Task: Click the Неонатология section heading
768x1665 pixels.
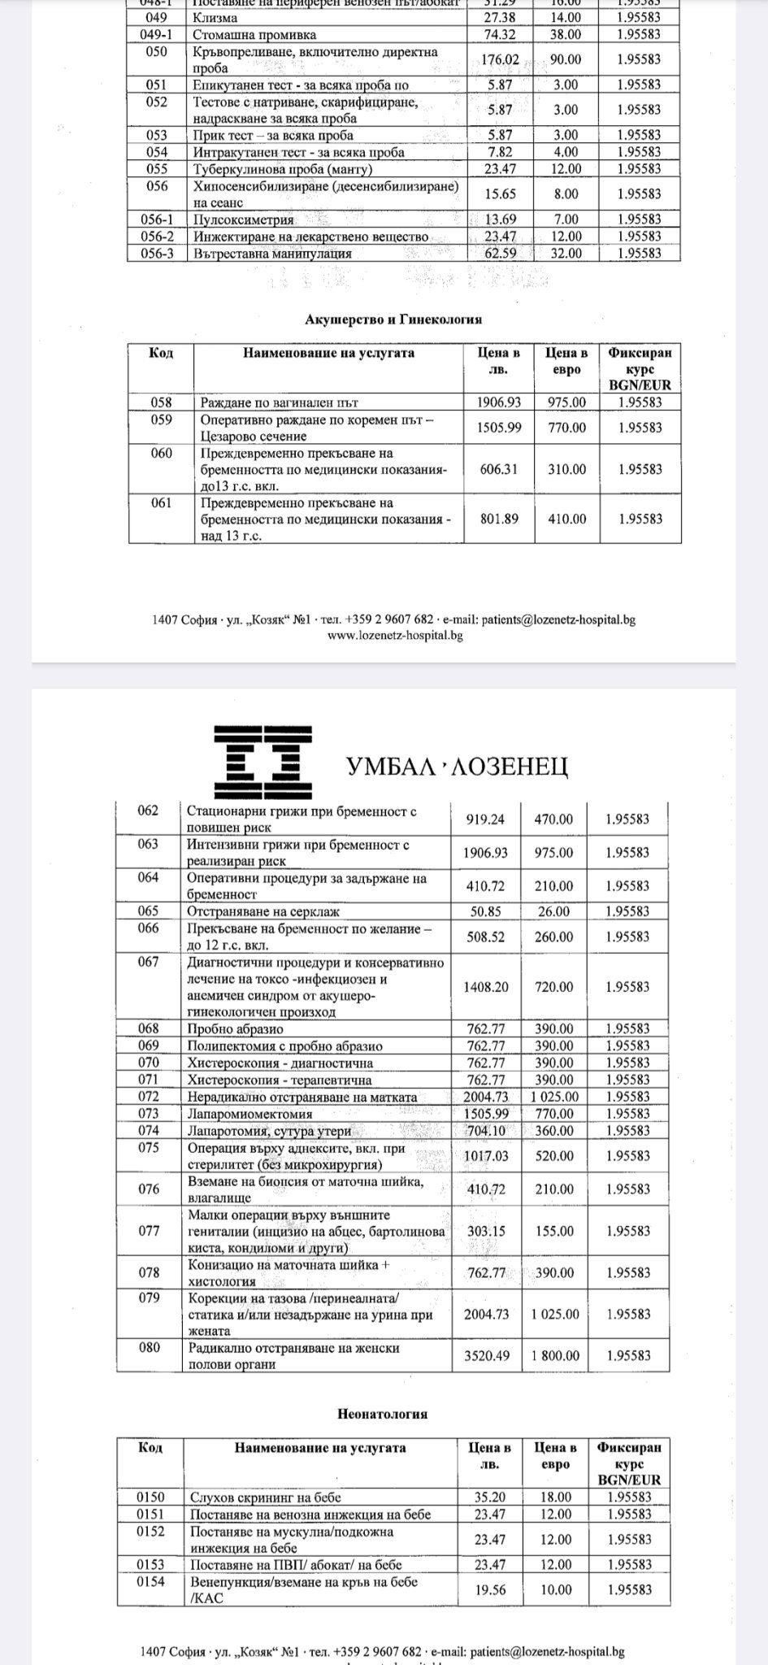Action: pyautogui.click(x=382, y=1414)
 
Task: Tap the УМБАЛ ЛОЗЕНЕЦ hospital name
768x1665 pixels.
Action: pyautogui.click(x=457, y=765)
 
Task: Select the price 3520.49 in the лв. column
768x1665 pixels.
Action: pyautogui.click(x=485, y=1355)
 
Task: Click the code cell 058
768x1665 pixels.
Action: pyautogui.click(x=161, y=402)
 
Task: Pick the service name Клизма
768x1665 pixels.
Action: pyautogui.click(x=215, y=17)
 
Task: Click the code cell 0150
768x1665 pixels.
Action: pyautogui.click(x=150, y=1497)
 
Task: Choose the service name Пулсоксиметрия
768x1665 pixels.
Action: pyautogui.click(x=243, y=220)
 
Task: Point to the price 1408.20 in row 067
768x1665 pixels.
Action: pyautogui.click(x=485, y=987)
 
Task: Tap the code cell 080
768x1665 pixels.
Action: pyautogui.click(x=149, y=1347)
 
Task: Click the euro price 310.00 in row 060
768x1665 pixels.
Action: pyautogui.click(x=566, y=469)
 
